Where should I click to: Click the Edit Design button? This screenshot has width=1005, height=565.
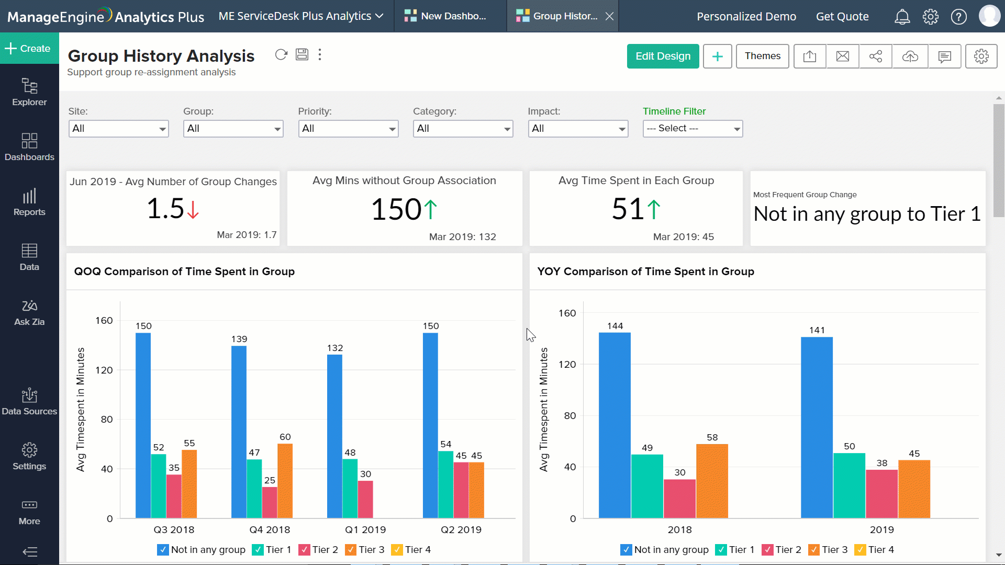click(x=663, y=56)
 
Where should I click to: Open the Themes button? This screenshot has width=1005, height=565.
click(x=762, y=56)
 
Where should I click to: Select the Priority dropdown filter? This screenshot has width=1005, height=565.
click(x=348, y=129)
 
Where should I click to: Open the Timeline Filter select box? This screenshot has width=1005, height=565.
click(x=692, y=129)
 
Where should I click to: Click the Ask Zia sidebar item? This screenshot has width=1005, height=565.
click(x=29, y=312)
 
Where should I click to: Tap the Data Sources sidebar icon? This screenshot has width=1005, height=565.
click(x=29, y=401)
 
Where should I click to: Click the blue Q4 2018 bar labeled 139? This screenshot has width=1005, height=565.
click(x=239, y=432)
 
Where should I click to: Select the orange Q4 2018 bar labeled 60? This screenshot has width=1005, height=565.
click(x=285, y=480)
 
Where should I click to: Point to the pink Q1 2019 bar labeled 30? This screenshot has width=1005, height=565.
click(x=365, y=499)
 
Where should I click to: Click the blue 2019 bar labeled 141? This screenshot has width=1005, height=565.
click(x=817, y=427)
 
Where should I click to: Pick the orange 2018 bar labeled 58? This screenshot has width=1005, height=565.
click(x=712, y=480)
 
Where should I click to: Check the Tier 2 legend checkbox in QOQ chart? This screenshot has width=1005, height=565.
click(x=304, y=550)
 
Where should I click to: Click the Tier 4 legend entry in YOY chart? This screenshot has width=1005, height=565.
click(x=875, y=550)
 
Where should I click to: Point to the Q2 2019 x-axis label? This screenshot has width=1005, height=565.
click(x=461, y=529)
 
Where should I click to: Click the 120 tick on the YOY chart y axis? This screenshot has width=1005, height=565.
click(x=567, y=365)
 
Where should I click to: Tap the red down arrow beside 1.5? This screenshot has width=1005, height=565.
click(x=193, y=210)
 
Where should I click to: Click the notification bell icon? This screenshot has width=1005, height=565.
click(x=902, y=17)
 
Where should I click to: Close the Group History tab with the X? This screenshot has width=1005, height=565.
click(x=609, y=16)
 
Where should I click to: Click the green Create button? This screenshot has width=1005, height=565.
click(x=29, y=48)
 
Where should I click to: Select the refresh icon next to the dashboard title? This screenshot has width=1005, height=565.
click(x=281, y=55)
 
